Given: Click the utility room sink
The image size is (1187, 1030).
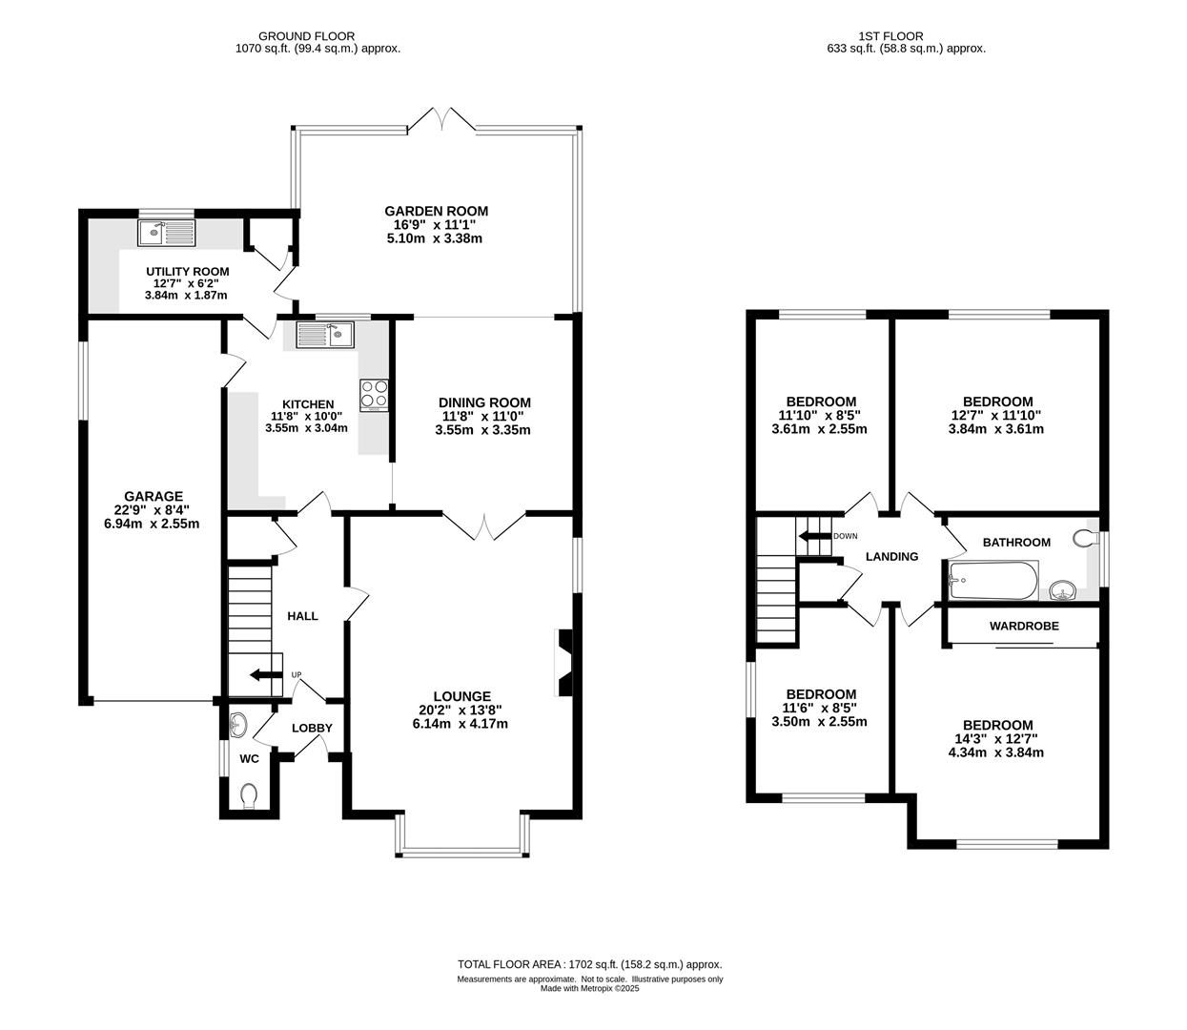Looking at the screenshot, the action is click(x=167, y=233).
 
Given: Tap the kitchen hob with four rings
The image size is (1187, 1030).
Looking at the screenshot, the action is click(x=374, y=395).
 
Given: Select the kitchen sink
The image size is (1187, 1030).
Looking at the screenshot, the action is click(x=325, y=335).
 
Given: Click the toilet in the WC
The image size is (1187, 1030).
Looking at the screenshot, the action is click(x=250, y=795).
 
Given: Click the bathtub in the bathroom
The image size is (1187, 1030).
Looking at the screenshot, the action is click(x=993, y=580).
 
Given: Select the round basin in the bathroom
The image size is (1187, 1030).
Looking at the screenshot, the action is click(x=1063, y=590).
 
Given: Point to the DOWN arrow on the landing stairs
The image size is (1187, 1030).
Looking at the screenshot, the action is click(x=814, y=536).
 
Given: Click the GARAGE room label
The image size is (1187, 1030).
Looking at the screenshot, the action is click(x=153, y=496).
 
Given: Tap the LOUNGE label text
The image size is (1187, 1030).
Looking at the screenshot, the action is click(x=461, y=696).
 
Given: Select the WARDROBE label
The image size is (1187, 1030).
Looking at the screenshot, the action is click(x=1024, y=627).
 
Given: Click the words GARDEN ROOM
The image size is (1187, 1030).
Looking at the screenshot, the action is click(x=437, y=211).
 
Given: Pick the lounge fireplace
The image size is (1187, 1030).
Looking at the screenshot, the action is click(x=563, y=662).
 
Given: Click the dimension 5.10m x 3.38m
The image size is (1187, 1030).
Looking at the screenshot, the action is click(x=435, y=238).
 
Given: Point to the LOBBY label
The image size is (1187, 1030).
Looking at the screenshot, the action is click(x=312, y=728).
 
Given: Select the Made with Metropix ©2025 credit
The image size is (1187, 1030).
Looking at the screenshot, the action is click(x=589, y=988).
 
